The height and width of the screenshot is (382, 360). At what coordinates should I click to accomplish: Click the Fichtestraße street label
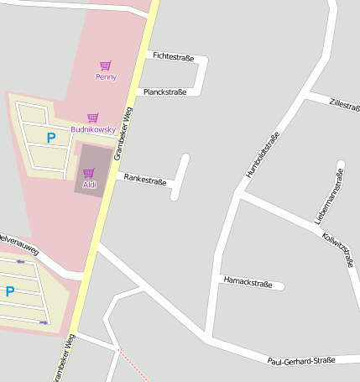tap(173, 57)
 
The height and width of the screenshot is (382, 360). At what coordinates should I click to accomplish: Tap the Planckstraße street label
tap(164, 92)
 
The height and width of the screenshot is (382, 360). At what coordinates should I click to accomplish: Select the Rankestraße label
tap(144, 180)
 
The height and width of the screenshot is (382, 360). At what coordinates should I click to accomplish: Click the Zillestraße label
tap(345, 105)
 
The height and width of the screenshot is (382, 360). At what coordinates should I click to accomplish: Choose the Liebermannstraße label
tap(330, 196)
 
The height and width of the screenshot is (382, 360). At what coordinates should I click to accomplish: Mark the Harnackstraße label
tap(248, 283)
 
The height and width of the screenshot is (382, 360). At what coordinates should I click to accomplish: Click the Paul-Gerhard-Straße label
tap(301, 361)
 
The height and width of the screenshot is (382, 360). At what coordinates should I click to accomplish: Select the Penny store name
tap(106, 77)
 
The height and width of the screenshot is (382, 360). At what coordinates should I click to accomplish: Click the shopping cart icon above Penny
tap(106, 65)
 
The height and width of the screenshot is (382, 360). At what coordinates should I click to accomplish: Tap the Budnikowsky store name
tap(93, 129)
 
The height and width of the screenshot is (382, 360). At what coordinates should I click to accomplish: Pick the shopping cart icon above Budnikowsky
tap(93, 118)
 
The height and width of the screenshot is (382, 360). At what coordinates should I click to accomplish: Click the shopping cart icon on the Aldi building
tap(89, 172)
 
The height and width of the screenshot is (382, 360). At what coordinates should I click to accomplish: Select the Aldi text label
tap(89, 184)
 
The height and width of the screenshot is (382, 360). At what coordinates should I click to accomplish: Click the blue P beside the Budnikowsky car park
tap(50, 138)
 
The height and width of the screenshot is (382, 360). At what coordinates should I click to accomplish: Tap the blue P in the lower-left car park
tap(10, 291)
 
